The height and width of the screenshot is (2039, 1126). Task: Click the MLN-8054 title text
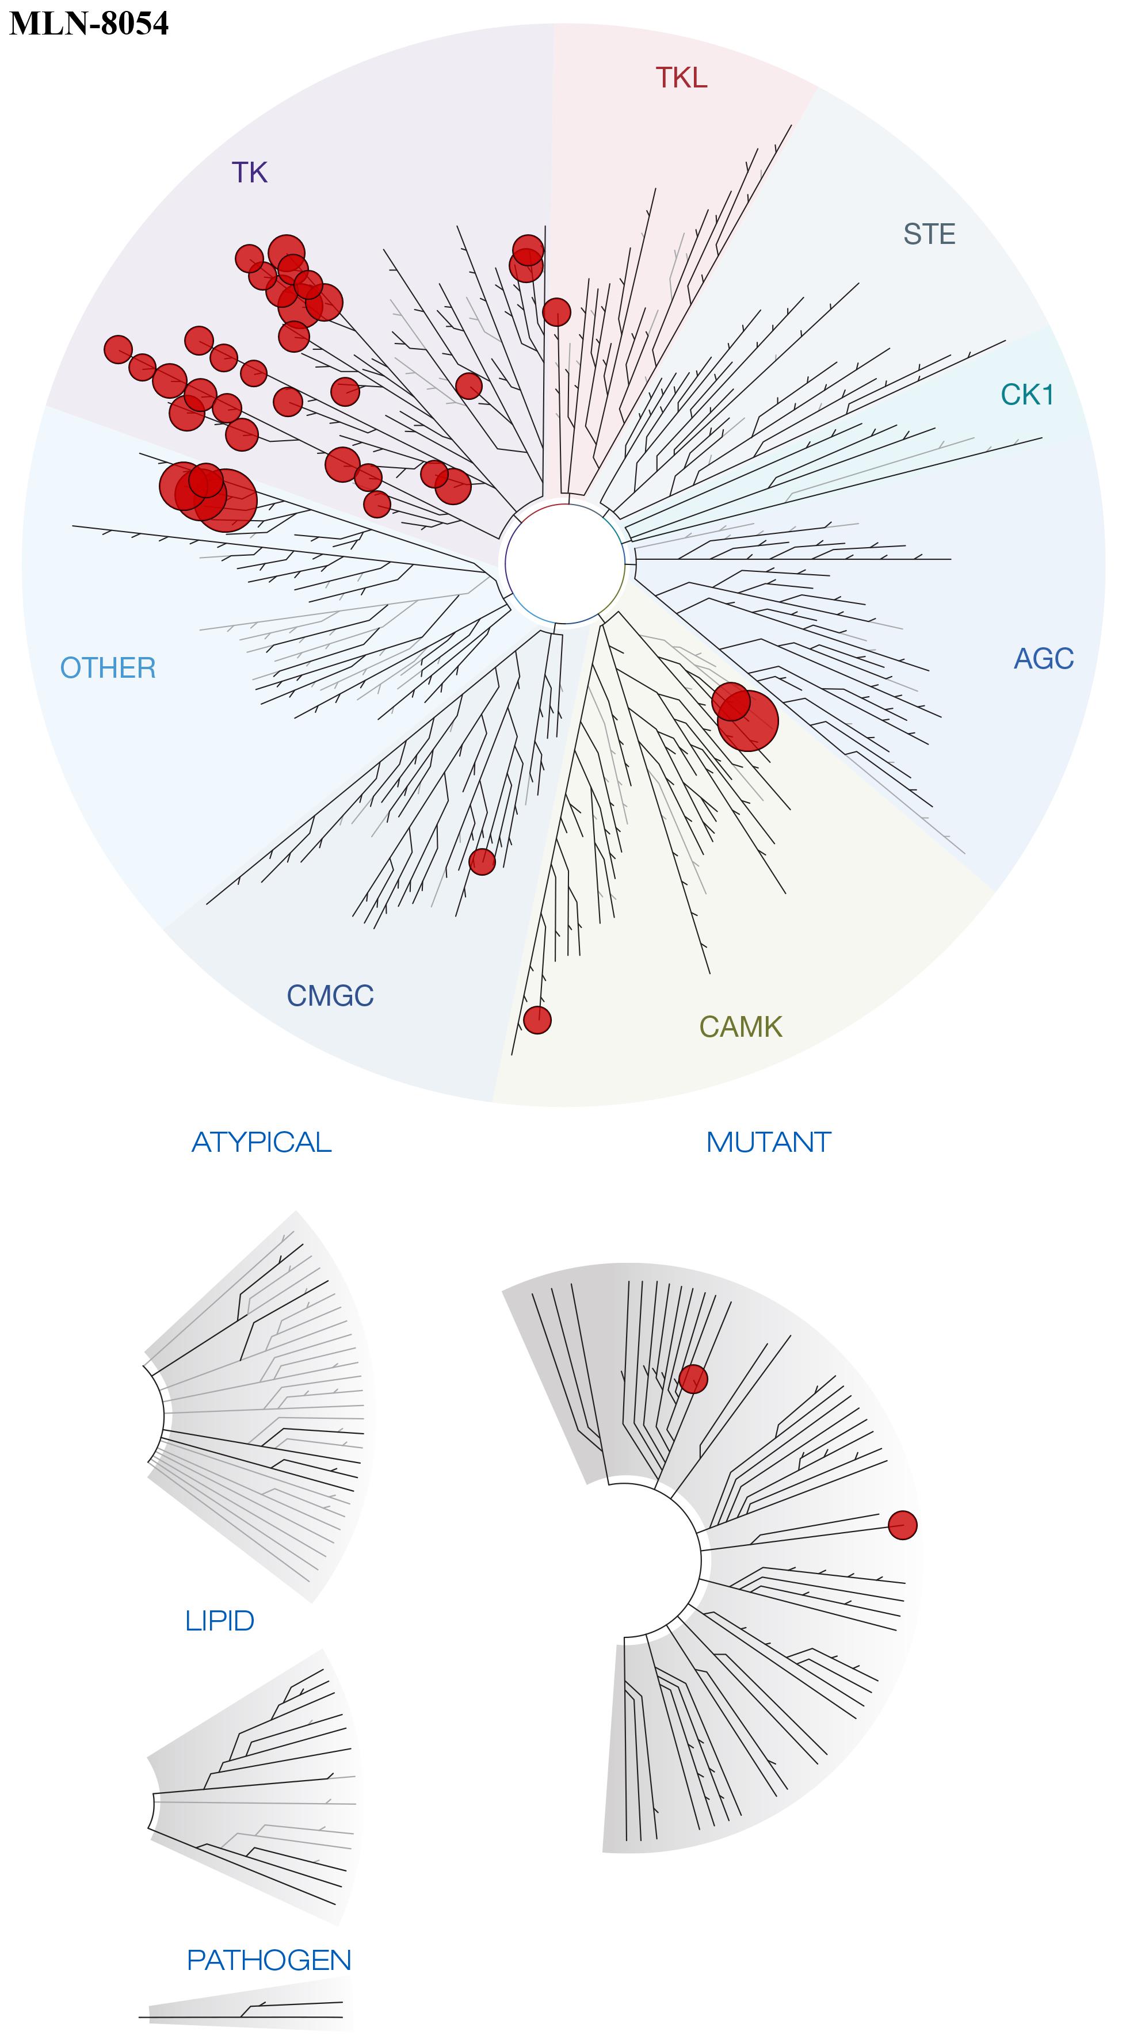[x=89, y=23]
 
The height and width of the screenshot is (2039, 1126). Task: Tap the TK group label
[x=250, y=172]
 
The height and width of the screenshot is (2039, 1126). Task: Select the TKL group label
[x=681, y=78]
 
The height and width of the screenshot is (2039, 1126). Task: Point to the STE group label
[x=929, y=234]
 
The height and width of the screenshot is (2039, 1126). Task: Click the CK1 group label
[x=1027, y=394]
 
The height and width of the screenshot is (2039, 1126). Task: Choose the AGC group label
[x=1044, y=658]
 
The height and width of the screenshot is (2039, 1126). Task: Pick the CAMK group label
[x=741, y=1026]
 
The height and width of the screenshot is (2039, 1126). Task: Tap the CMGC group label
[x=330, y=995]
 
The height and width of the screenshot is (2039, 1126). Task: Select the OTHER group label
[x=109, y=668]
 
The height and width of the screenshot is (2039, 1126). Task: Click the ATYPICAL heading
[x=261, y=1142]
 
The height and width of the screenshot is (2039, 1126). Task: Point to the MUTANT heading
[x=768, y=1142]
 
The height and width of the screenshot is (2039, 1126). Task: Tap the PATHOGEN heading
[x=269, y=1960]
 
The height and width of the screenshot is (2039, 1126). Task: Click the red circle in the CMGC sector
[x=482, y=861]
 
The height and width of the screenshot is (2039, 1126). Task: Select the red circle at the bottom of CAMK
[x=537, y=1019]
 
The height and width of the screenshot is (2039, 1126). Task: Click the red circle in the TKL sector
[x=556, y=312]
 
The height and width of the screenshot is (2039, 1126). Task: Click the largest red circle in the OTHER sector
[x=227, y=499]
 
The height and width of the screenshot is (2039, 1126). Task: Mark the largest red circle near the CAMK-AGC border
[x=749, y=720]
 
